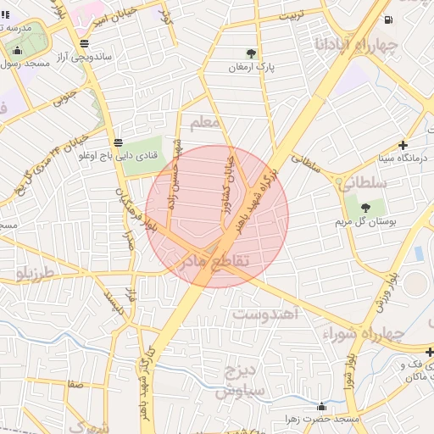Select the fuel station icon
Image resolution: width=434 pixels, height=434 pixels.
(387, 19)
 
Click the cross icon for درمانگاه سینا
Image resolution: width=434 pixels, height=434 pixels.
(403, 145)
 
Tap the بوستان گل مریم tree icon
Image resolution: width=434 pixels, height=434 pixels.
(365, 207)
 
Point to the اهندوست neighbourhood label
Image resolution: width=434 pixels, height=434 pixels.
(266, 314)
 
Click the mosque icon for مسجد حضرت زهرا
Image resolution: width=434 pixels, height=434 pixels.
(320, 406)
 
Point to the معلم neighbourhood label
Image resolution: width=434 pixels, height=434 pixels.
(205, 124)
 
